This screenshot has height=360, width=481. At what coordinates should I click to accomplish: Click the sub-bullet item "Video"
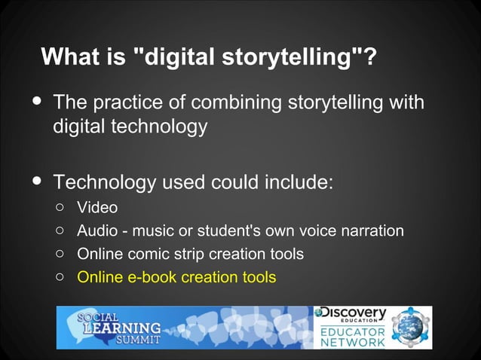[x=97, y=206]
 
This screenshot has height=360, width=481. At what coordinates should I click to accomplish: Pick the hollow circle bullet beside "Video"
[x=60, y=207]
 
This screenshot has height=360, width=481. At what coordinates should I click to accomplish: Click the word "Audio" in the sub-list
[x=97, y=230]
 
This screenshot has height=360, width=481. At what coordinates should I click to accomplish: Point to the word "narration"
[x=369, y=230]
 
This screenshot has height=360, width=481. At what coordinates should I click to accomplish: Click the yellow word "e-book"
[x=149, y=277]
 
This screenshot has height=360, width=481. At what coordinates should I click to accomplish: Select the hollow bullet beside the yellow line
[x=60, y=278]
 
